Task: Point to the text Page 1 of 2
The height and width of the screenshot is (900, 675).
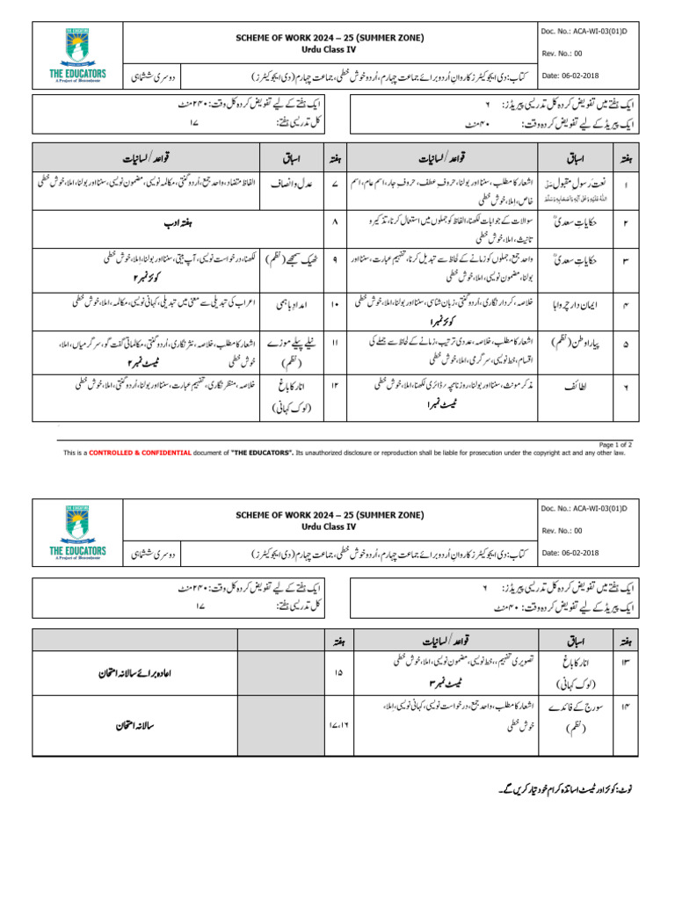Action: [x=614, y=445]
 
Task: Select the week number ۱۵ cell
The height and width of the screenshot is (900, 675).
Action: [x=337, y=673]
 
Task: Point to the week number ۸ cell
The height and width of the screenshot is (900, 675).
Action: [x=337, y=221]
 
